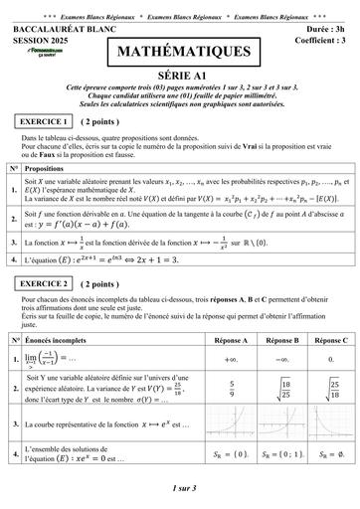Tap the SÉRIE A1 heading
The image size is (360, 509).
point(179,75)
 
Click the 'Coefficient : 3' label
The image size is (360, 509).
point(313,40)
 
